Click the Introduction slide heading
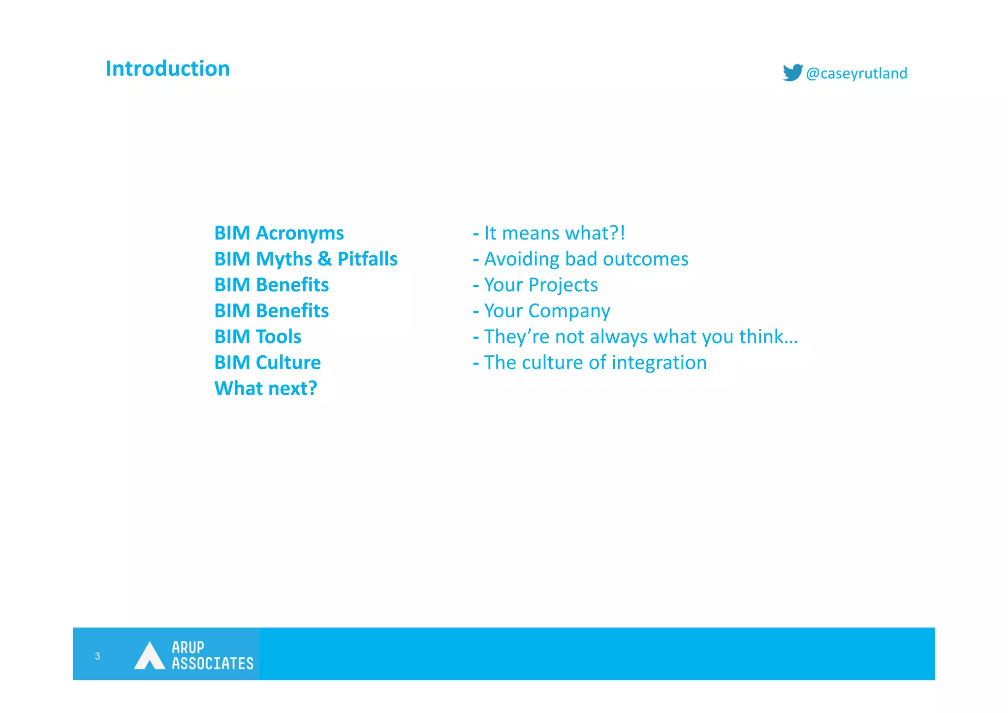pos(168,68)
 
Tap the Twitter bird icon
pos(792,72)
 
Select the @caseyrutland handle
pos(856,73)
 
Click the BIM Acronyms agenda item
pos(279,233)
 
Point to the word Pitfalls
pos(367,259)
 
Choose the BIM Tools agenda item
pos(257,337)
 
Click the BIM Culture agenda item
pos(267,363)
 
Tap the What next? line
pos(266,388)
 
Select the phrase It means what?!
pos(554,233)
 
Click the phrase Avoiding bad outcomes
pos(586,259)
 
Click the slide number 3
pos(97,656)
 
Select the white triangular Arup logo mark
pos(149,656)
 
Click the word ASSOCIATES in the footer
pos(213,663)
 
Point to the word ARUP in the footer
pos(188,647)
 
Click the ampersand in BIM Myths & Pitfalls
pos(324,259)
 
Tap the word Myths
pos(284,259)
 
